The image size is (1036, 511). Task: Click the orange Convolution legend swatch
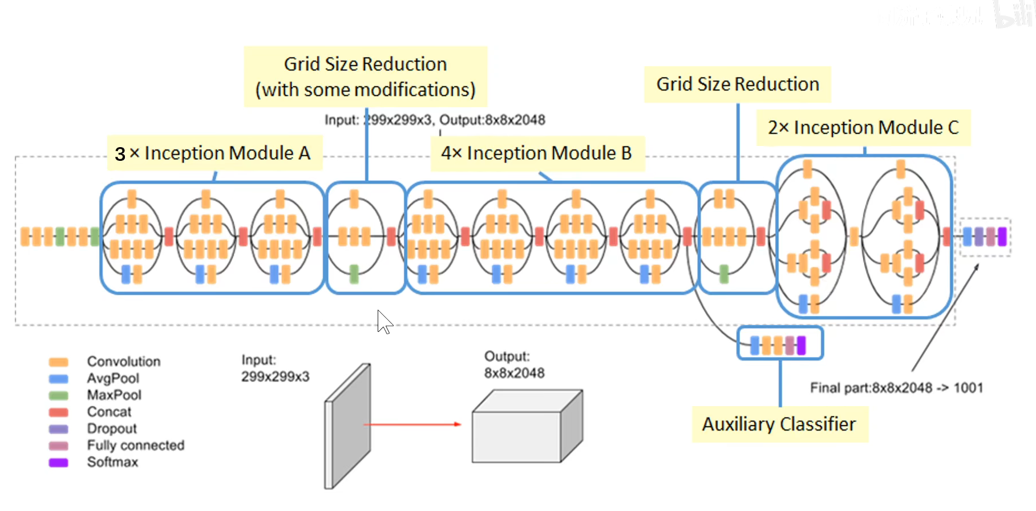click(x=58, y=362)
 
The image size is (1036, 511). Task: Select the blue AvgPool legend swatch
click(x=58, y=379)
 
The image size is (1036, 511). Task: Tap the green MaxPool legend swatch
click(x=58, y=395)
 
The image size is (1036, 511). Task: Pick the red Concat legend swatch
click(x=58, y=412)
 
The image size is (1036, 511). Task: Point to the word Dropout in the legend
click(x=112, y=428)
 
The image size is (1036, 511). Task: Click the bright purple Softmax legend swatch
click(x=58, y=463)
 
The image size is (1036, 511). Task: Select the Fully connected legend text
click(x=136, y=445)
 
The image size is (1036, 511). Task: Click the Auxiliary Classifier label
click(x=779, y=424)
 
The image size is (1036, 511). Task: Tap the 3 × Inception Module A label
click(x=213, y=153)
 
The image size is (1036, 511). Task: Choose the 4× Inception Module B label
click(x=536, y=153)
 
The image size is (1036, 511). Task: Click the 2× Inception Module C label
click(x=863, y=128)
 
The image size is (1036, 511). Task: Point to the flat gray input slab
click(x=347, y=426)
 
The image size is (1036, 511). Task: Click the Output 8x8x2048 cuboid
click(x=527, y=426)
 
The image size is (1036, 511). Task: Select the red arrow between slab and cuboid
click(x=412, y=424)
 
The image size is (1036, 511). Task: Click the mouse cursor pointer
click(x=385, y=322)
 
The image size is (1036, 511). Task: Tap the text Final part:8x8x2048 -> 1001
click(x=897, y=388)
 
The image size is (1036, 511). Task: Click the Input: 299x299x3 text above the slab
click(x=276, y=368)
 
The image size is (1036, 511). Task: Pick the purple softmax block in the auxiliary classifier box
click(x=802, y=345)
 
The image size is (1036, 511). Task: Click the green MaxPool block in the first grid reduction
click(x=354, y=274)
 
